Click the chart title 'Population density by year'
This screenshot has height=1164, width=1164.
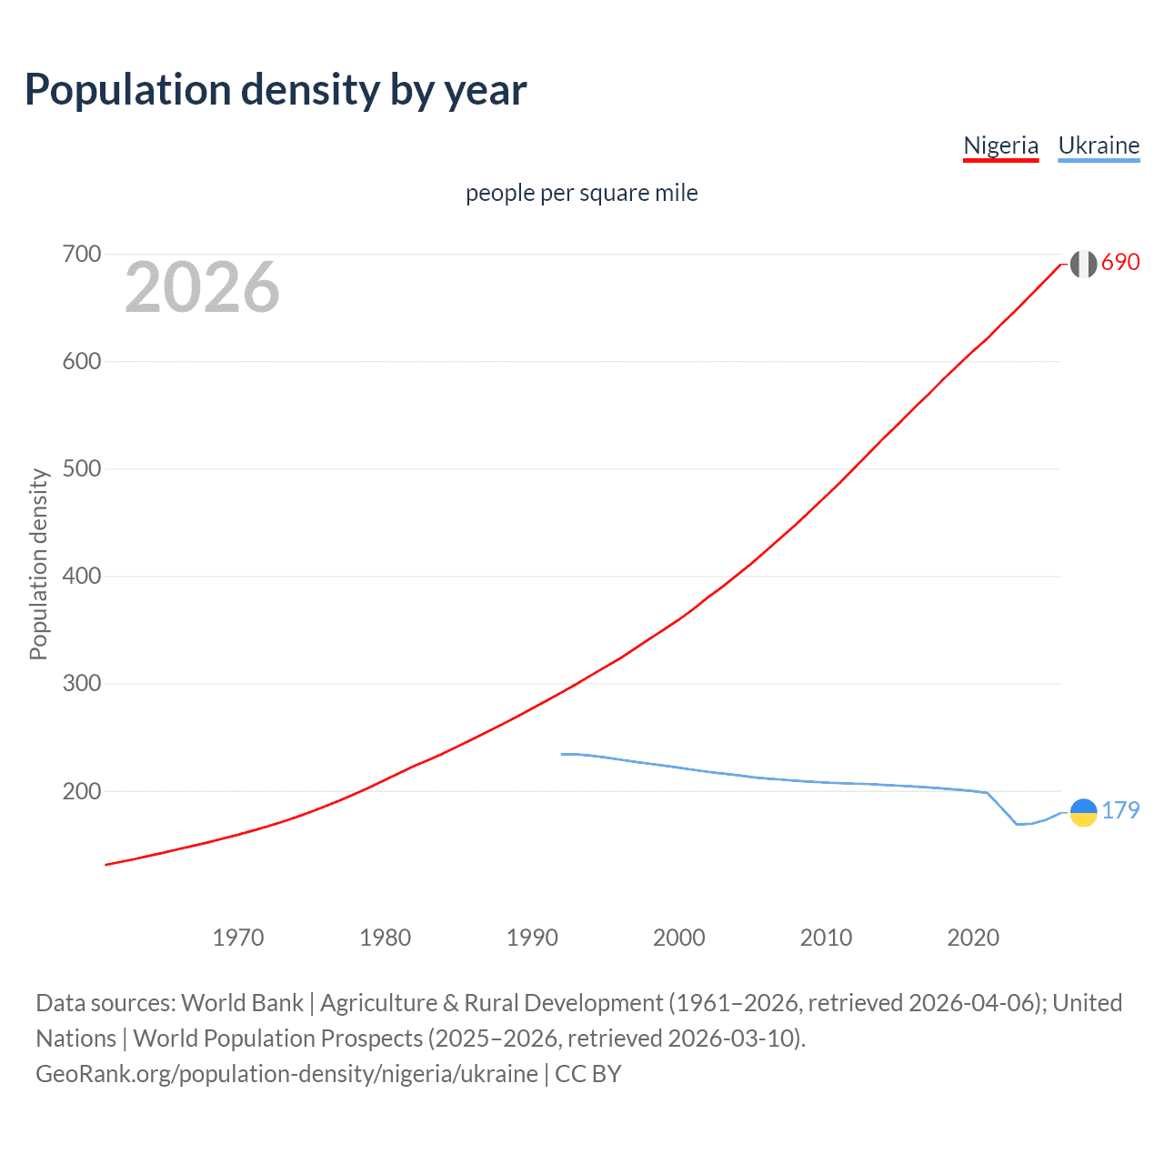tap(276, 90)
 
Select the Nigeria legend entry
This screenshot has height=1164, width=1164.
tap(1000, 145)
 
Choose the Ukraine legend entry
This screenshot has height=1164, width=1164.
tap(1099, 145)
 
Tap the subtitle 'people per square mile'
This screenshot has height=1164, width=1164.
tap(581, 193)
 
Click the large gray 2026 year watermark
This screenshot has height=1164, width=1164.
tap(202, 287)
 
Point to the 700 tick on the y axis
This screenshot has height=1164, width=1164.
tap(81, 255)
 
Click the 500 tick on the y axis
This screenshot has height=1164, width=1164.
tap(81, 469)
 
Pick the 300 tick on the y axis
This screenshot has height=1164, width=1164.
tap(81, 684)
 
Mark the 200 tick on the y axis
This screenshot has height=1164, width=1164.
tap(81, 791)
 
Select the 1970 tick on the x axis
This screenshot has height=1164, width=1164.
tap(238, 938)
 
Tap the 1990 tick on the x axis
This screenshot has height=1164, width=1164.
tap(532, 938)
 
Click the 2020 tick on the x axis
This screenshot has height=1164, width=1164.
tap(973, 938)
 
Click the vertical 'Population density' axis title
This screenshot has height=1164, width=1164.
tap(38, 564)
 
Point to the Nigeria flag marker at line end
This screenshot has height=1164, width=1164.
tap(1083, 264)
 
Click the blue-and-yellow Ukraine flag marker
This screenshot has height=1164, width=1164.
tap(1083, 813)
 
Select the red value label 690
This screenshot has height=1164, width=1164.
tap(1120, 262)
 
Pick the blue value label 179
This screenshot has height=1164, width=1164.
tap(1120, 810)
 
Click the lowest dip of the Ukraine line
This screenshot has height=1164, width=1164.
tap(1018, 824)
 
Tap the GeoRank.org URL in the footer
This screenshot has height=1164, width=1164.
tap(286, 1074)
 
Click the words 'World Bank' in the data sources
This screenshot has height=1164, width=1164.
tap(242, 1003)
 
